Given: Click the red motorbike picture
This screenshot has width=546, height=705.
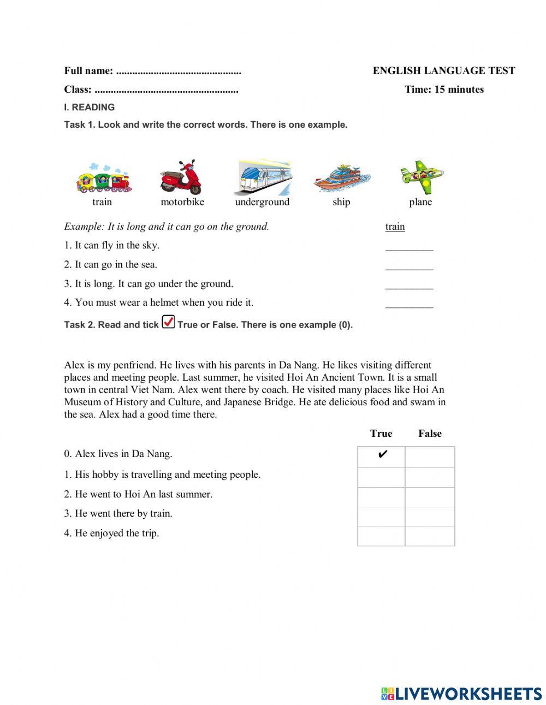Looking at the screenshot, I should (181, 177).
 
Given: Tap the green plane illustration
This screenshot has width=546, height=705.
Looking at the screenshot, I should (421, 177).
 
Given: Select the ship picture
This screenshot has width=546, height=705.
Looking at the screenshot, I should (341, 179).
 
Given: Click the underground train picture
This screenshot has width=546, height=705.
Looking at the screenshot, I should (264, 178).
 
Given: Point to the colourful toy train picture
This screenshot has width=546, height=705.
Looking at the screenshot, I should (104, 179).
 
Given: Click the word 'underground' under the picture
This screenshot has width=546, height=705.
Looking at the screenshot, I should (262, 202).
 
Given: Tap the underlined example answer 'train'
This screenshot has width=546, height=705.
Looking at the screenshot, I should (395, 227).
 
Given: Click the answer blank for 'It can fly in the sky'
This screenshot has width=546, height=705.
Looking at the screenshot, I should (409, 247).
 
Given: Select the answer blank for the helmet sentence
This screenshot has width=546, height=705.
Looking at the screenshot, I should (409, 304).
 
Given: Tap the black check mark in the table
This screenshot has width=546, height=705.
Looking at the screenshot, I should (382, 455).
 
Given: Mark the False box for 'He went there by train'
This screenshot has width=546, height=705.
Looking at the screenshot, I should (430, 516).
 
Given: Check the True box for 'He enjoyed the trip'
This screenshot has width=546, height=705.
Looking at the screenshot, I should (381, 536).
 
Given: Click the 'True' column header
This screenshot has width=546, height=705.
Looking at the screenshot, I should (381, 434).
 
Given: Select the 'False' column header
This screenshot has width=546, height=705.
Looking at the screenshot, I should (430, 434).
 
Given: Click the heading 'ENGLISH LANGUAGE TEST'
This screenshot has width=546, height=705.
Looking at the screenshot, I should (443, 70).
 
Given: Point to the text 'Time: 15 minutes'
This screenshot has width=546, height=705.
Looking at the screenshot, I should (444, 90).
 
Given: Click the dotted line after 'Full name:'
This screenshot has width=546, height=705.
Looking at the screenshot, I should (179, 72).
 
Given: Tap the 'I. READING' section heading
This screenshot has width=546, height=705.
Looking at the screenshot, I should (90, 108).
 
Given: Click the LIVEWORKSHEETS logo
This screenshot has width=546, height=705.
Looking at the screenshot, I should (461, 694).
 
